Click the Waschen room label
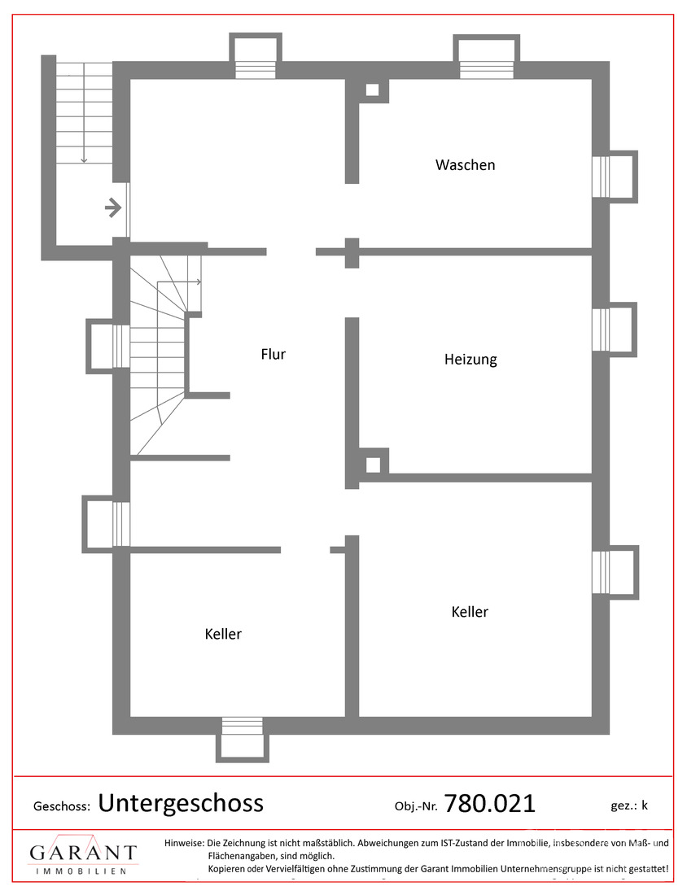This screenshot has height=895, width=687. click(x=465, y=165)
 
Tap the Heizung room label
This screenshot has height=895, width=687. click(x=470, y=360)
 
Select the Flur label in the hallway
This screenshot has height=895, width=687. click(x=273, y=354)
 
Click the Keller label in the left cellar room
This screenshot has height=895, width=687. click(x=223, y=634)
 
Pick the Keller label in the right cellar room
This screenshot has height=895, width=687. click(x=470, y=612)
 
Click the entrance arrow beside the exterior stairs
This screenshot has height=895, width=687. click(x=113, y=207)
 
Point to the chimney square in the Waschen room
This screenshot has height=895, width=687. click(x=372, y=89)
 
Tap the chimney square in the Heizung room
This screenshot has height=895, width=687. click(x=372, y=465)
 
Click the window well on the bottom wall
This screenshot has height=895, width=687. click(x=242, y=740)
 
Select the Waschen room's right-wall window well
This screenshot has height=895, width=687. click(x=615, y=177)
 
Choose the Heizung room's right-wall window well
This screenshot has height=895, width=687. click(x=615, y=330)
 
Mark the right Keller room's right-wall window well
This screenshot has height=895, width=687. click(x=615, y=572)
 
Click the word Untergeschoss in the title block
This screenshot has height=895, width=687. click(x=181, y=803)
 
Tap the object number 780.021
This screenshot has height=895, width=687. click(x=489, y=804)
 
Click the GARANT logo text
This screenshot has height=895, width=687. click(x=83, y=852)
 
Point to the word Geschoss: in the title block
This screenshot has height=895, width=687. click(x=62, y=806)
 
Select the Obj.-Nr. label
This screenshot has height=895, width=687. click(x=416, y=806)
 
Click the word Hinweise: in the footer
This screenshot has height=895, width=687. click(x=184, y=842)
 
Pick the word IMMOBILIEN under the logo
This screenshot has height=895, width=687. click(x=81, y=871)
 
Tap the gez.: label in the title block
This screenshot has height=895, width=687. click(x=624, y=806)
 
